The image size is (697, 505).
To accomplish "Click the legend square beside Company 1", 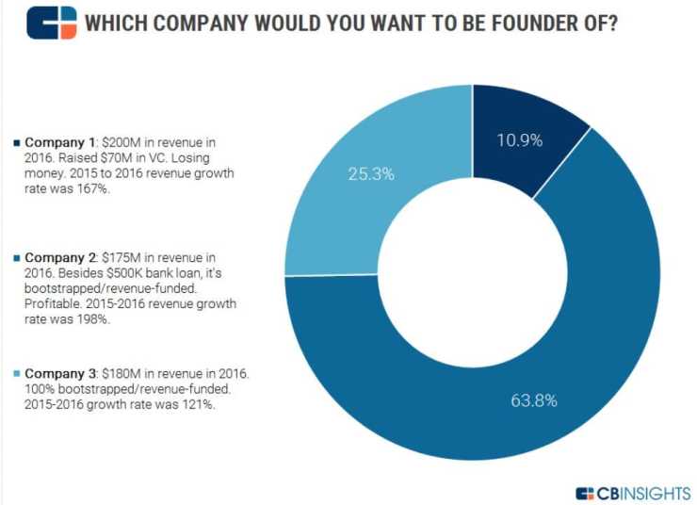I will pyautogui.click(x=16, y=143).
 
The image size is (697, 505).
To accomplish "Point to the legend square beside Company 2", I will pyautogui.click(x=16, y=256).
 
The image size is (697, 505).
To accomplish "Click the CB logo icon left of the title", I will pyautogui.click(x=51, y=22).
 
